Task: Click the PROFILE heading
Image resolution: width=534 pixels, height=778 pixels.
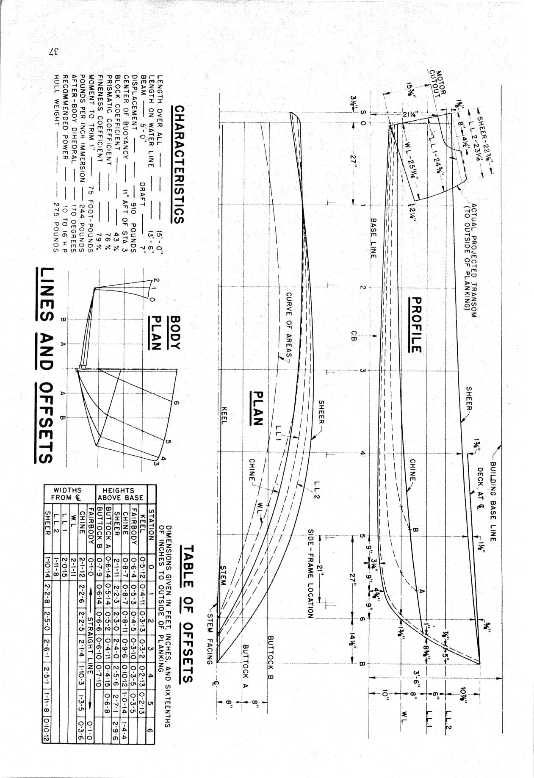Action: [416, 324]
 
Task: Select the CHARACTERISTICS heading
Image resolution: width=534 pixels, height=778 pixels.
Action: [179, 164]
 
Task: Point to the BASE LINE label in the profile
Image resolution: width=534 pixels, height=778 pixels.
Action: [373, 238]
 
